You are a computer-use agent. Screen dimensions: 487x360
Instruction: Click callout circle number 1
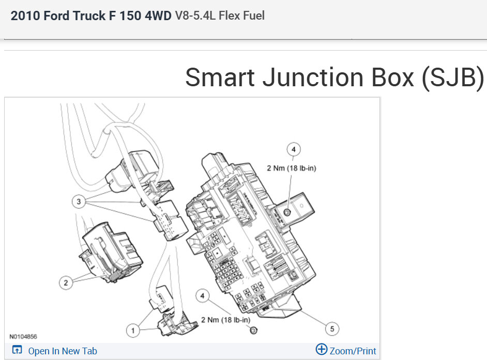click(x=133, y=331)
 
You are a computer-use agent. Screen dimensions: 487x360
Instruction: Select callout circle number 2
click(x=66, y=283)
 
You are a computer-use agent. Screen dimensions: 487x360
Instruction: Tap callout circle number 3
click(x=79, y=202)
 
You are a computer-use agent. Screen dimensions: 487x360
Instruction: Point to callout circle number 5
click(x=332, y=328)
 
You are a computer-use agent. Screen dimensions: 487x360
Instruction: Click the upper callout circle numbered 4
click(x=294, y=150)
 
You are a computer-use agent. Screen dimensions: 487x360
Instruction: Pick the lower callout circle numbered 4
click(x=203, y=296)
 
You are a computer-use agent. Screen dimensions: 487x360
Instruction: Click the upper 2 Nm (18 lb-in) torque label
click(x=292, y=168)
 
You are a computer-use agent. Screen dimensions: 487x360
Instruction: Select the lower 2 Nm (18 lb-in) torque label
click(x=225, y=320)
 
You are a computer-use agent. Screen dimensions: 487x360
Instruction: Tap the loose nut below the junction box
click(x=254, y=330)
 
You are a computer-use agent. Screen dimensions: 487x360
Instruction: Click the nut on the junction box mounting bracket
click(x=287, y=212)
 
